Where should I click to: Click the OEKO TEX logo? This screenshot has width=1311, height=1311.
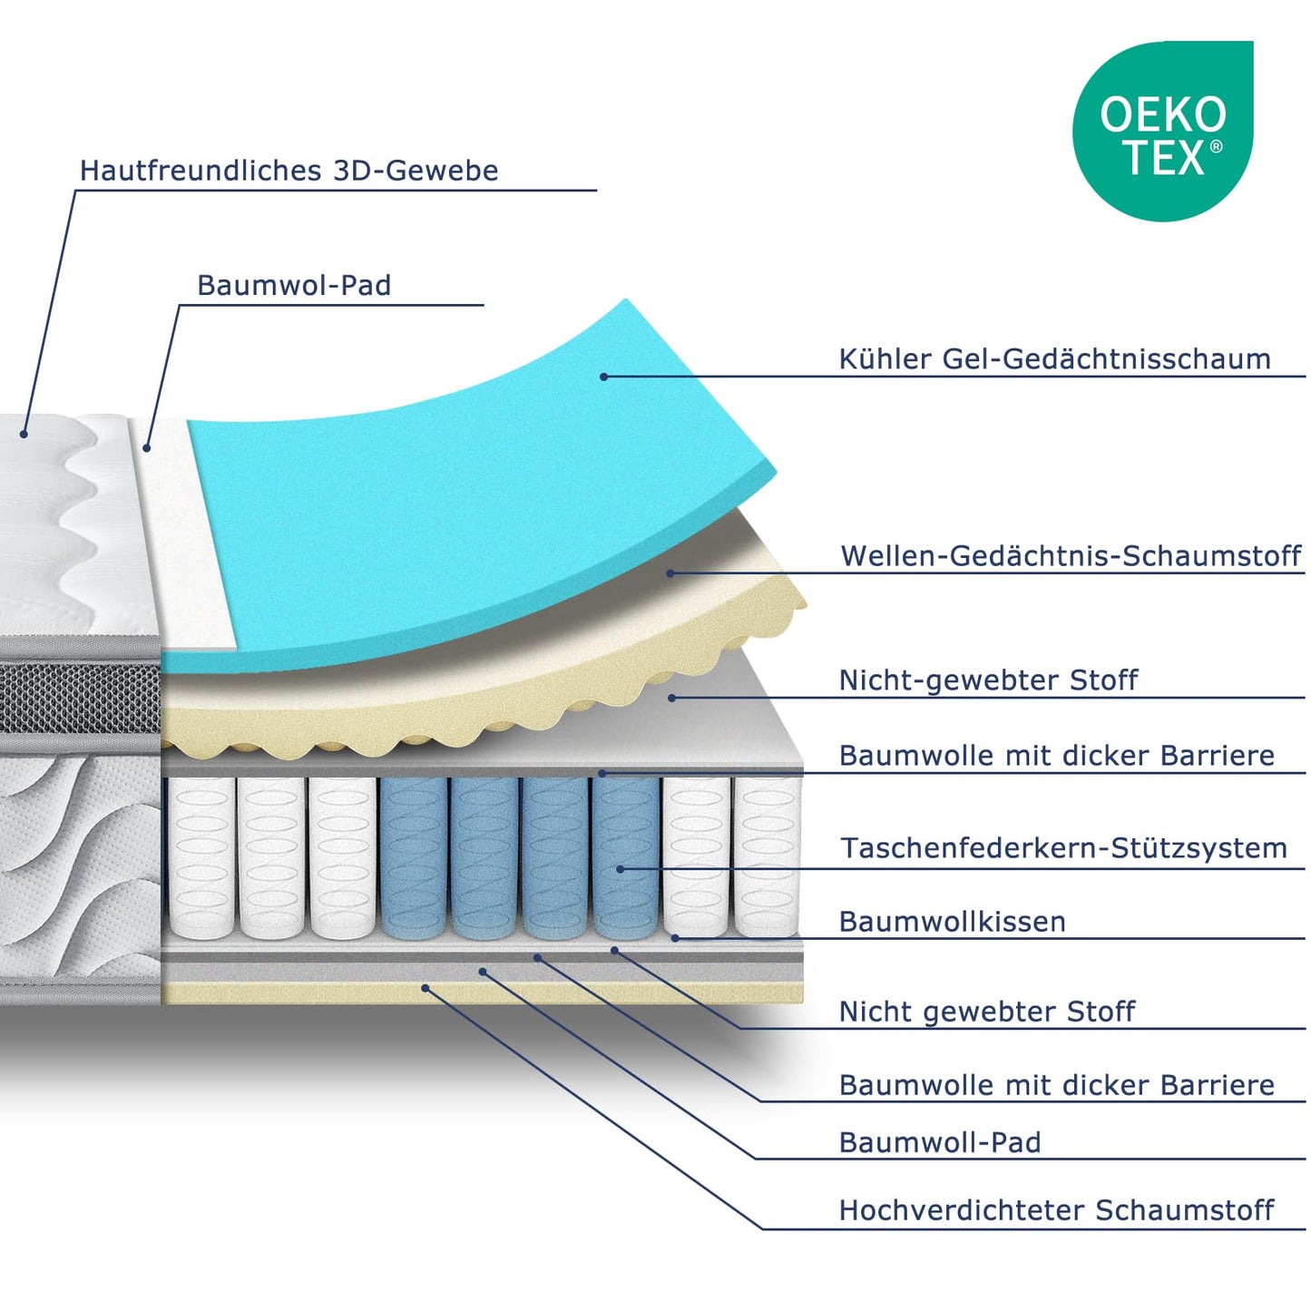(x=1162, y=131)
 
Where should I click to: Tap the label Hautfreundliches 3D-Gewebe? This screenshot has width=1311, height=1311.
(x=289, y=170)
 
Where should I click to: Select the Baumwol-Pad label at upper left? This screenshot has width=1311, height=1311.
(x=294, y=285)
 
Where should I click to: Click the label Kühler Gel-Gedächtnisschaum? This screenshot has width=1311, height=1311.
(x=1054, y=359)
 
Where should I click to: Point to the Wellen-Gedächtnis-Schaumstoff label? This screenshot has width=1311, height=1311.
(x=1071, y=556)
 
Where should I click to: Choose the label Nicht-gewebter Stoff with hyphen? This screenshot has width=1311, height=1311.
(x=988, y=680)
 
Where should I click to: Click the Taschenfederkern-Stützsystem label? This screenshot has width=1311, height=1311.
(x=1064, y=847)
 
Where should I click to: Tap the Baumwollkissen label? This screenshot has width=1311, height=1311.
(x=953, y=922)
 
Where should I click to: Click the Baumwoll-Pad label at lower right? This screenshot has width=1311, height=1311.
(x=940, y=1142)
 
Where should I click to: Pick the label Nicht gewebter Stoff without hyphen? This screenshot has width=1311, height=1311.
(x=987, y=1012)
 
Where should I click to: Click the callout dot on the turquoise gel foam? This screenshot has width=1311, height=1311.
(x=603, y=377)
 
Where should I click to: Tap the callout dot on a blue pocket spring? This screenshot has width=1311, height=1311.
(x=620, y=869)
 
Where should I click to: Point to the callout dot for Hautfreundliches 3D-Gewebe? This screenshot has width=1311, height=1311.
(x=24, y=434)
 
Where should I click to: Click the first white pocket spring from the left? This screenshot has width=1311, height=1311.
(x=201, y=857)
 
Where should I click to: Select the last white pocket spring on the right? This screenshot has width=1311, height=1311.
(x=767, y=857)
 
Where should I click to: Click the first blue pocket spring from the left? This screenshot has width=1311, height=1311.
(x=414, y=857)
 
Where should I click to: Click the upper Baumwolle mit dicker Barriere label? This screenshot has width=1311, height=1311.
(x=1057, y=755)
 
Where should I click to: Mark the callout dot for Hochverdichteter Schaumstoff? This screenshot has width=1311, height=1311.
(x=426, y=988)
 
